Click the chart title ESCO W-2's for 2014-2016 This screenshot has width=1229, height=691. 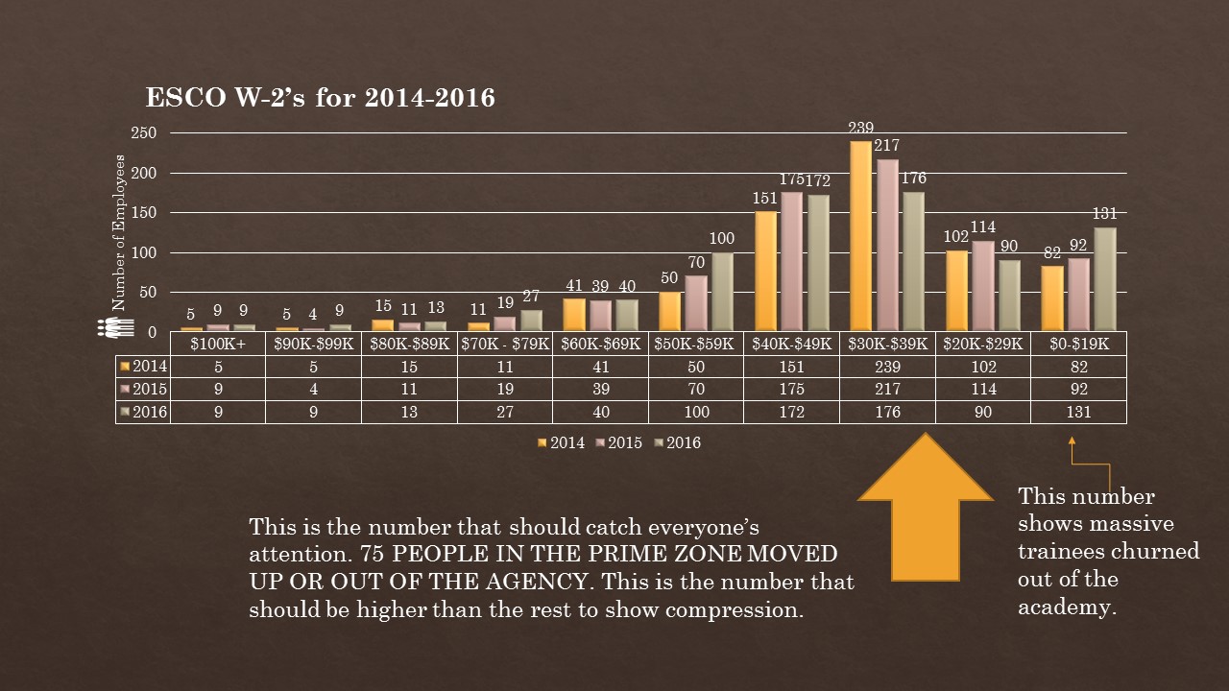click(x=320, y=98)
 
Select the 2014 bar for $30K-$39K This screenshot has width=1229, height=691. click(x=860, y=235)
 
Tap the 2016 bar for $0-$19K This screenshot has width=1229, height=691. click(x=1104, y=278)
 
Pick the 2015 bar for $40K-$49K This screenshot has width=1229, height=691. click(x=792, y=261)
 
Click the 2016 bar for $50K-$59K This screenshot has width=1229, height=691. click(x=723, y=292)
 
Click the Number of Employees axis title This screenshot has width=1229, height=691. click(x=120, y=231)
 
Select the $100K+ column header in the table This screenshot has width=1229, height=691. click(x=218, y=344)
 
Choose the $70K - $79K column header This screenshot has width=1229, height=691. click(x=504, y=344)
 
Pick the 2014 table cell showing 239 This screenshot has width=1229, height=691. click(x=887, y=367)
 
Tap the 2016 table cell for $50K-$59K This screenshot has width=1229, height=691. click(x=695, y=413)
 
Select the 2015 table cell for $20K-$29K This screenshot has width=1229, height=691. click(x=982, y=390)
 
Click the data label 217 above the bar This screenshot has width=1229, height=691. click(x=887, y=146)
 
